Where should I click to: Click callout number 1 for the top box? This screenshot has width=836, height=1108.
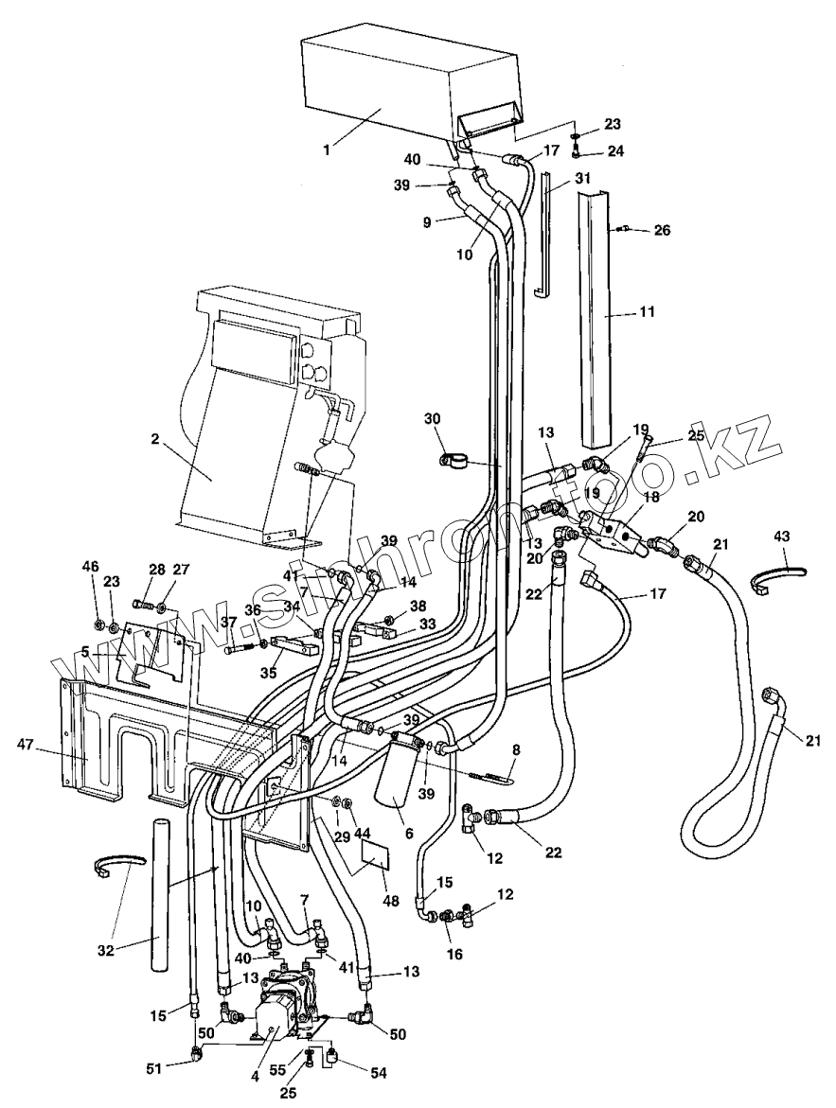tap(326, 149)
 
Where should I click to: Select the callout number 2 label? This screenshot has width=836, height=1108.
tap(155, 438)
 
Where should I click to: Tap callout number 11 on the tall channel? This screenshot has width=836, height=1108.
tap(648, 311)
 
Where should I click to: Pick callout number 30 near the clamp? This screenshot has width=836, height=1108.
tap(432, 419)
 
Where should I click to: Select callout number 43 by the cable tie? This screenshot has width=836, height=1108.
tap(780, 536)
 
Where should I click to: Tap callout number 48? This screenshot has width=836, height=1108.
tap(390, 901)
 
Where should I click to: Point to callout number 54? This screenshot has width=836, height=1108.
tap(378, 1073)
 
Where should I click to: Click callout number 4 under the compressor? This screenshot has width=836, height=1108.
tap(256, 1077)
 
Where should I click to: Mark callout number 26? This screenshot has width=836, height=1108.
tap(662, 230)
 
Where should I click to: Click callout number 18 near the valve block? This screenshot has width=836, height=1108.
tap(650, 497)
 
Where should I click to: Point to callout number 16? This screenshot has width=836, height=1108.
tap(454, 954)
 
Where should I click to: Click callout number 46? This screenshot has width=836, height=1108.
tap(91, 567)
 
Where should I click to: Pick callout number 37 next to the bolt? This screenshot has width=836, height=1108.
tap(228, 621)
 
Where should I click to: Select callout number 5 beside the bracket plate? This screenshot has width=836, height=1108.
tap(85, 652)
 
